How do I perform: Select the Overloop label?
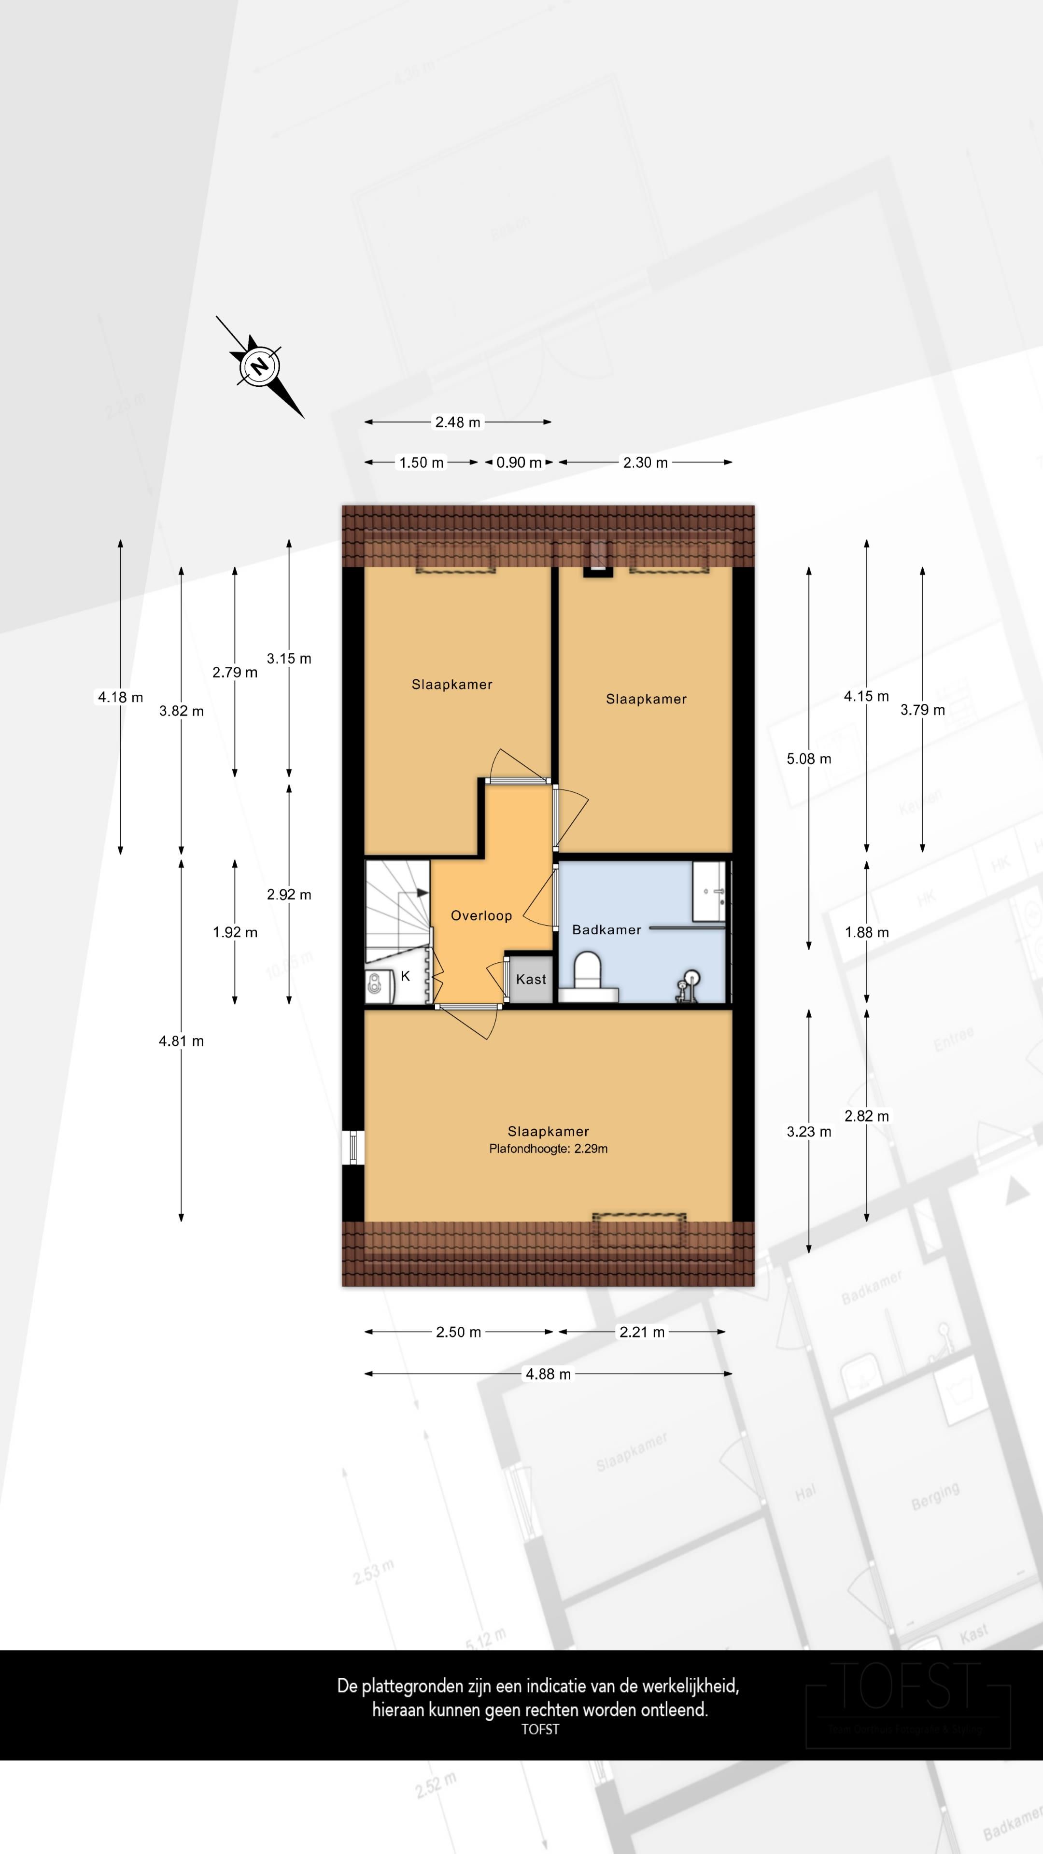(481, 915)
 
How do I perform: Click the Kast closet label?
(531, 979)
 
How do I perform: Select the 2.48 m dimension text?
(457, 422)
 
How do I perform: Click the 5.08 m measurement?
(808, 758)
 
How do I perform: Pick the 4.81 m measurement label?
(182, 1041)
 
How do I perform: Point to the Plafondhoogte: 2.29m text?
(548, 1149)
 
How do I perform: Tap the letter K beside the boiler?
(405, 976)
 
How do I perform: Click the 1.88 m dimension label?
(866, 932)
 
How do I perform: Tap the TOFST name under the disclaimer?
(540, 1729)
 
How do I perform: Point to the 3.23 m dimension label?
(808, 1131)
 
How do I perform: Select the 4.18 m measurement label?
(120, 697)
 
